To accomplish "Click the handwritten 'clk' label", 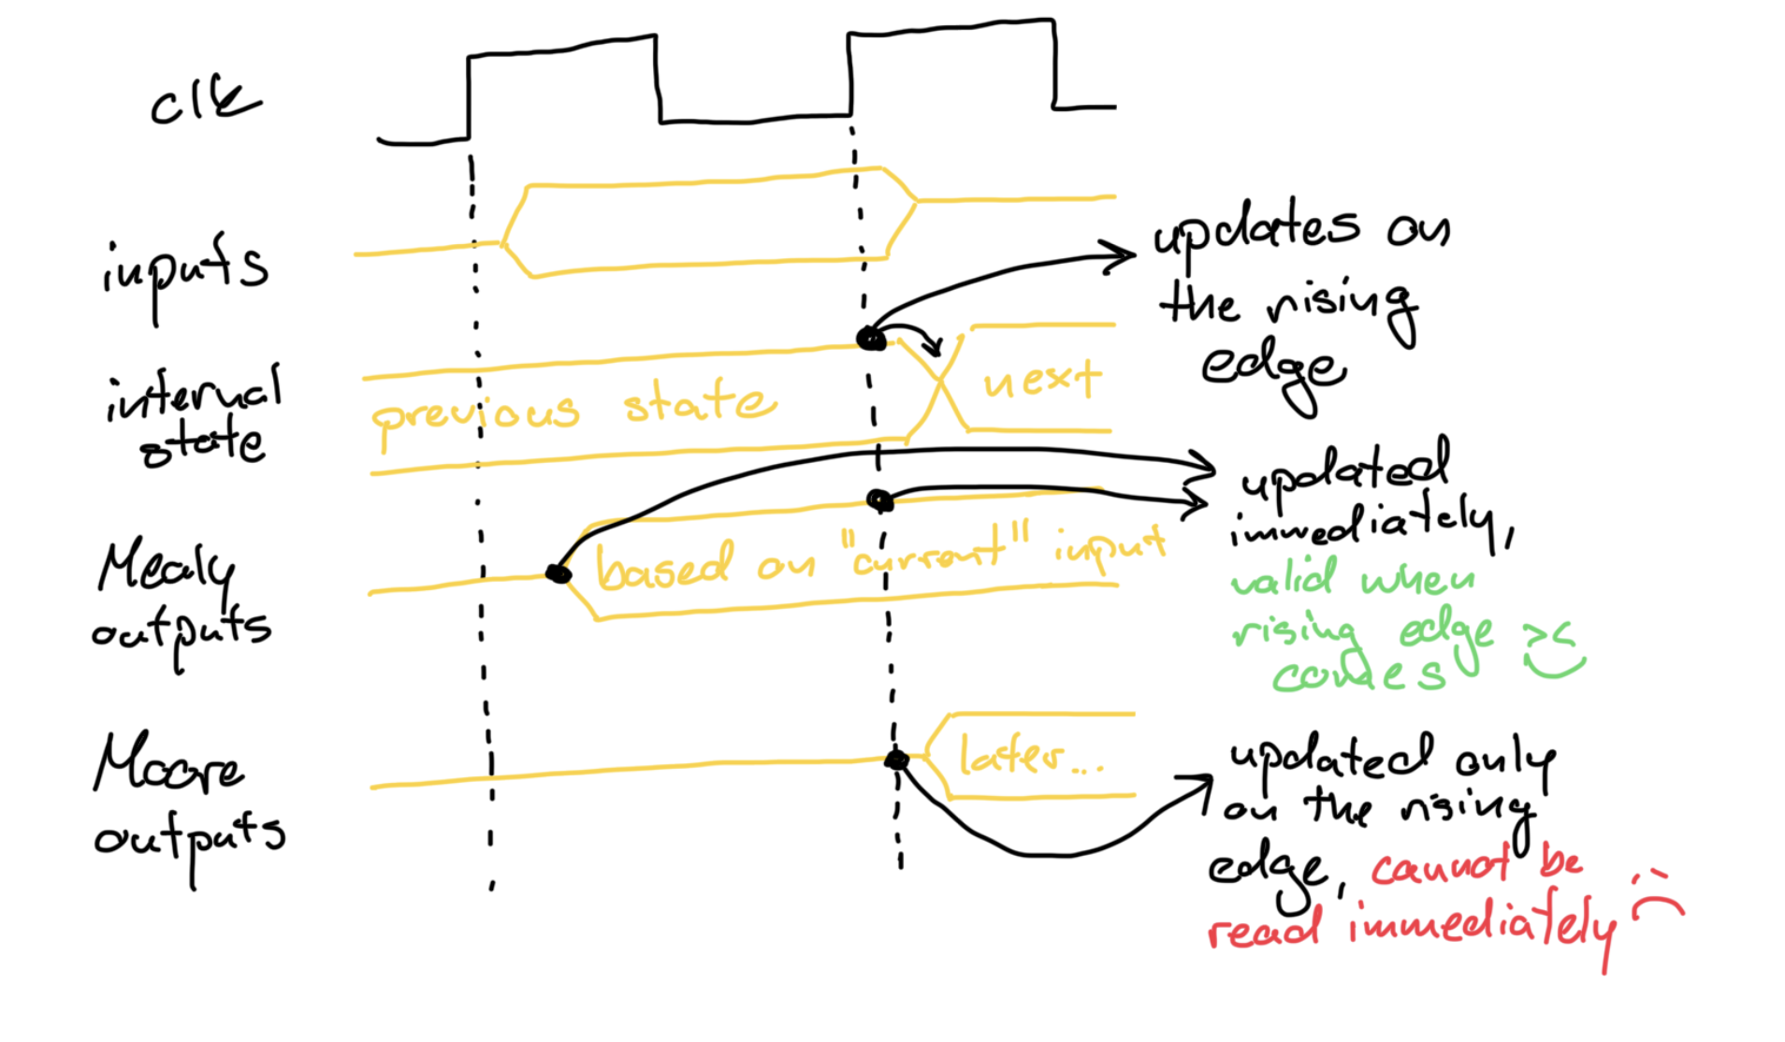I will click(205, 101).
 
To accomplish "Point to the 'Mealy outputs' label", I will click(178, 599).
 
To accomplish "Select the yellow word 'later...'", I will click(1029, 756).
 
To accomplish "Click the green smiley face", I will click(1553, 652).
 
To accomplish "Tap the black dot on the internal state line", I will click(871, 339).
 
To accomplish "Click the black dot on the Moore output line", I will click(896, 760).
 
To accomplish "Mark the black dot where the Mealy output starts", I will click(559, 573).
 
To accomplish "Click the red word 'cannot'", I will click(1441, 868).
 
